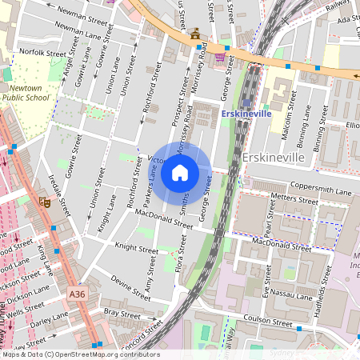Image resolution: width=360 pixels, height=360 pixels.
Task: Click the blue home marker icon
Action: [x=180, y=172]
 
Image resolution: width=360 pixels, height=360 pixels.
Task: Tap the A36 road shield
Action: [x=76, y=294]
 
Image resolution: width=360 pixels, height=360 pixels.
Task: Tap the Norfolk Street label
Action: [x=42, y=53]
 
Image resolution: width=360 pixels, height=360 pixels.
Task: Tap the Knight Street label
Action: [x=137, y=249]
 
